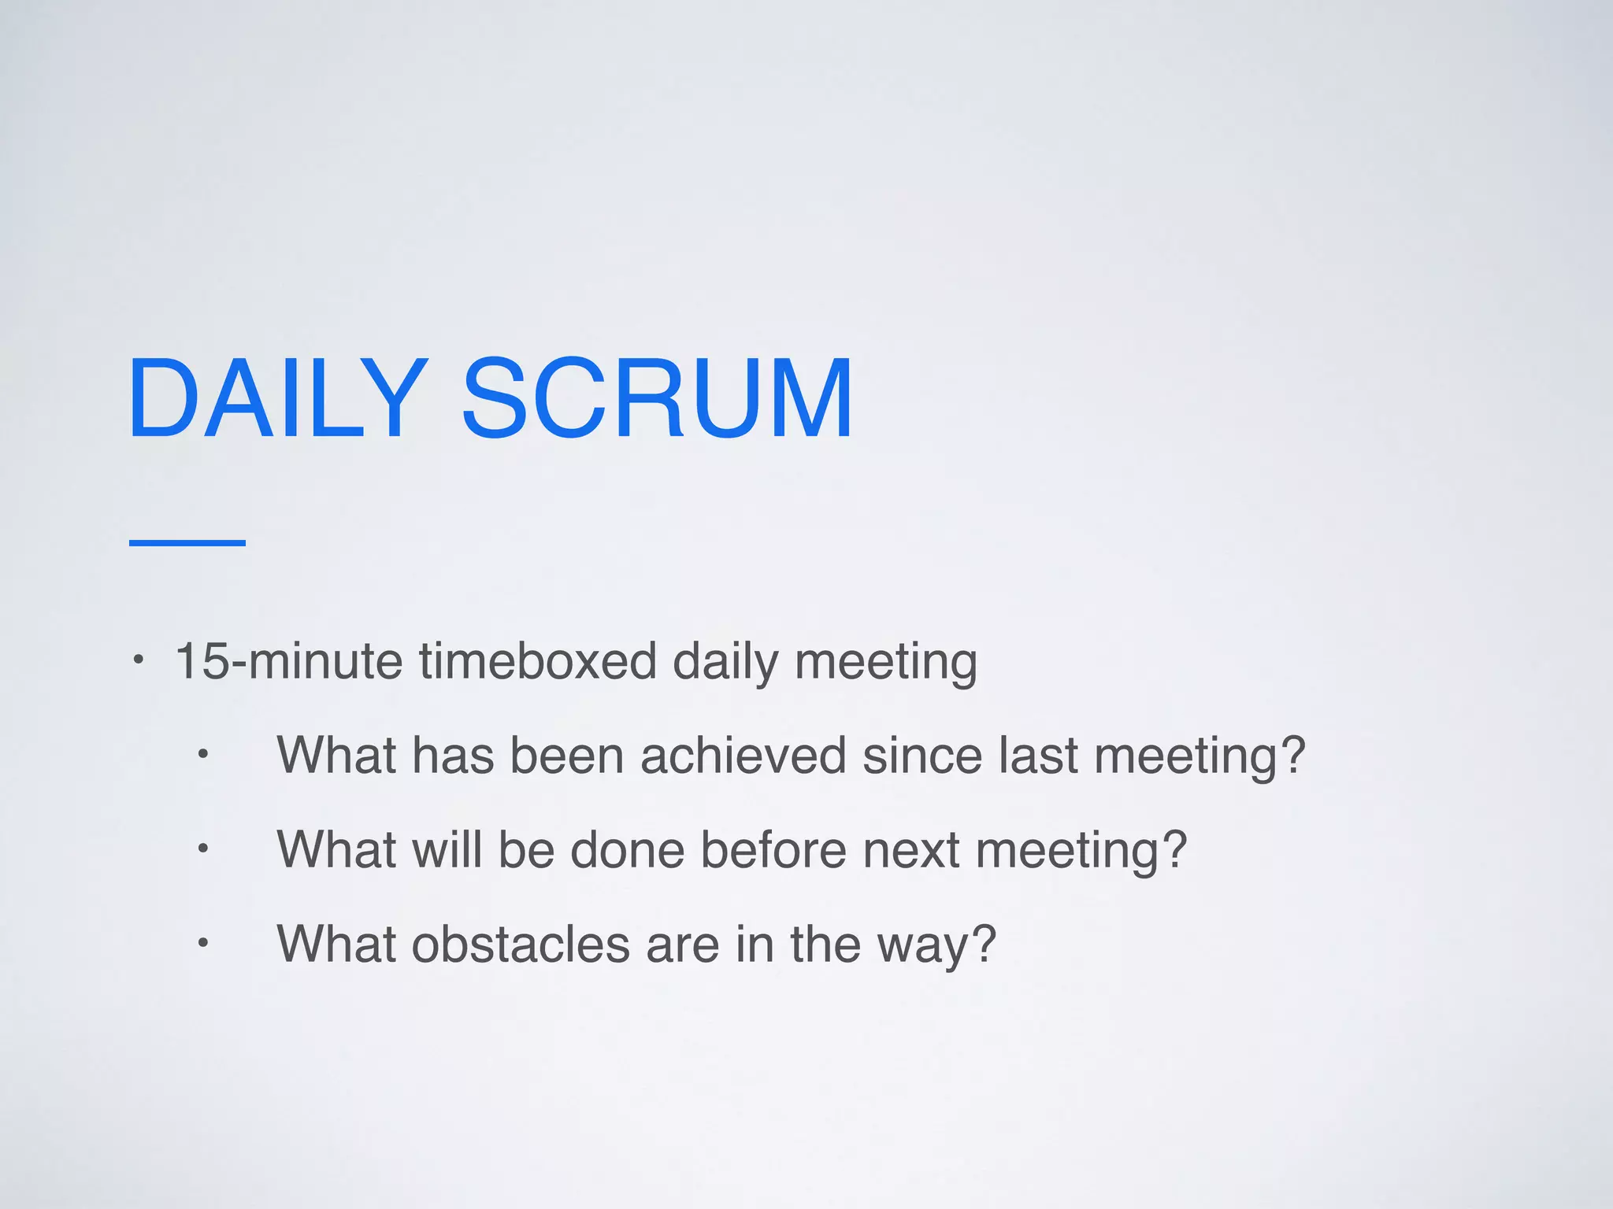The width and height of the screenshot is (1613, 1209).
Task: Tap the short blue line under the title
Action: [187, 542]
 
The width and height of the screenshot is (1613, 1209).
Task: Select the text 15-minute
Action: [288, 660]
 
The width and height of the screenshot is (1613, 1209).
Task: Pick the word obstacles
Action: [521, 944]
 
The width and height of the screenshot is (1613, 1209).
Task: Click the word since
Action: [921, 756]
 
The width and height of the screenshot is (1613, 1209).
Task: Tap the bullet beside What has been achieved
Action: [202, 755]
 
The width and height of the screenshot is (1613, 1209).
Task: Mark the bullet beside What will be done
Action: [202, 849]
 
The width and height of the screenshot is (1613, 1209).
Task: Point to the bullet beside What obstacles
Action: [202, 943]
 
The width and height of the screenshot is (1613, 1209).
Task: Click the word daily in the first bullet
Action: [725, 662]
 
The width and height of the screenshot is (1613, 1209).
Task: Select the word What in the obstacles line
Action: [336, 944]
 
